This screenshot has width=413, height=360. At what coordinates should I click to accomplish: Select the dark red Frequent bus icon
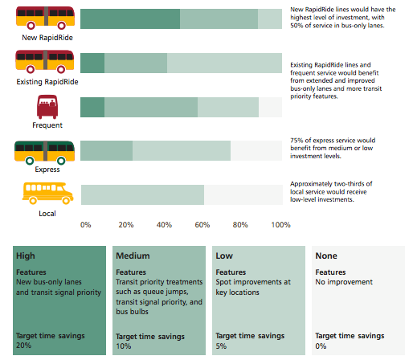[x=47, y=107]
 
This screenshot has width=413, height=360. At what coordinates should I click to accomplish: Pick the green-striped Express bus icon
[x=46, y=150]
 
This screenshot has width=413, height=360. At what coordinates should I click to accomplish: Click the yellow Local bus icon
[x=47, y=194]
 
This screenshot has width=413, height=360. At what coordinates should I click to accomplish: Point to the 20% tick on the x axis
[x=126, y=225]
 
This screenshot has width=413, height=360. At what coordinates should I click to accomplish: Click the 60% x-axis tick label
[x=203, y=225]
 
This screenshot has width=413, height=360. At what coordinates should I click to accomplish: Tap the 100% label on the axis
[x=280, y=225]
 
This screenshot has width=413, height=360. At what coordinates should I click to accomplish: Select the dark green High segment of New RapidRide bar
[x=130, y=19]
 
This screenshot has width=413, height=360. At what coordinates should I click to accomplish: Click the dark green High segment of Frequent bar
[x=92, y=107]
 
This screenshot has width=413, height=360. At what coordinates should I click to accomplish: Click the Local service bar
[x=142, y=194]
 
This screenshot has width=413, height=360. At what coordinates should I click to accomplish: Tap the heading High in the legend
[x=25, y=256]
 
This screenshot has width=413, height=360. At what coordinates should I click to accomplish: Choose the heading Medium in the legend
[x=133, y=256]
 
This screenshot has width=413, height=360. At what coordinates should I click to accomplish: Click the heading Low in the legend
[x=224, y=256]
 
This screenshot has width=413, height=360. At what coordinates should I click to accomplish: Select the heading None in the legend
[x=327, y=256]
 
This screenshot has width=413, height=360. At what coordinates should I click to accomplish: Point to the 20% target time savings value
[x=24, y=346]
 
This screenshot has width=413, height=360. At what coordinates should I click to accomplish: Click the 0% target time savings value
[x=321, y=346]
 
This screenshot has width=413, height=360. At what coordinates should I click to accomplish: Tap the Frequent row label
[x=47, y=125]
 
